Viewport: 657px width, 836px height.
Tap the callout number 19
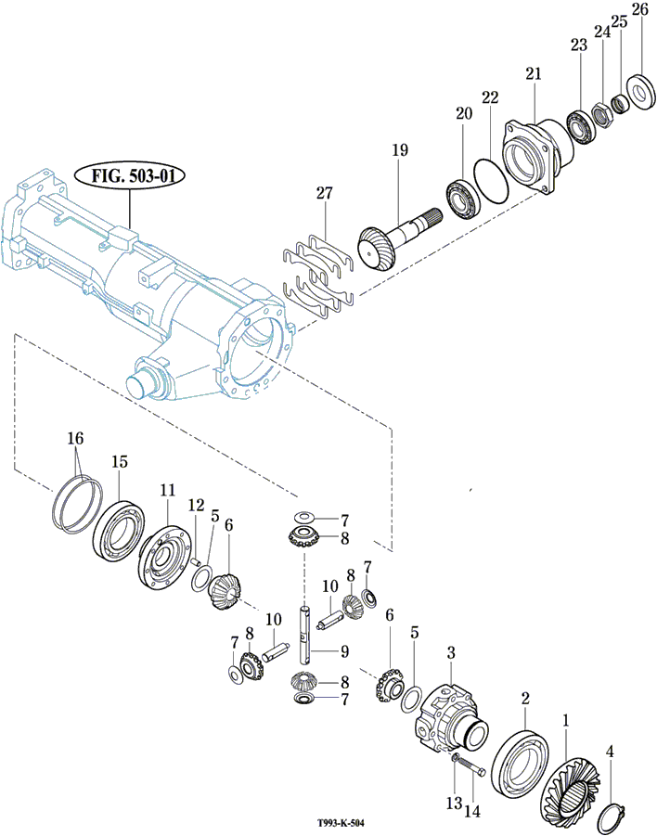[399, 148]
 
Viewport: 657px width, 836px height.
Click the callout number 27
[324, 193]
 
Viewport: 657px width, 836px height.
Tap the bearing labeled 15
[120, 534]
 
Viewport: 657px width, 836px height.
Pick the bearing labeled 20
[461, 196]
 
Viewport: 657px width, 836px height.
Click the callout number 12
[195, 505]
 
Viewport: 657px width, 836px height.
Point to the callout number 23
[579, 45]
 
